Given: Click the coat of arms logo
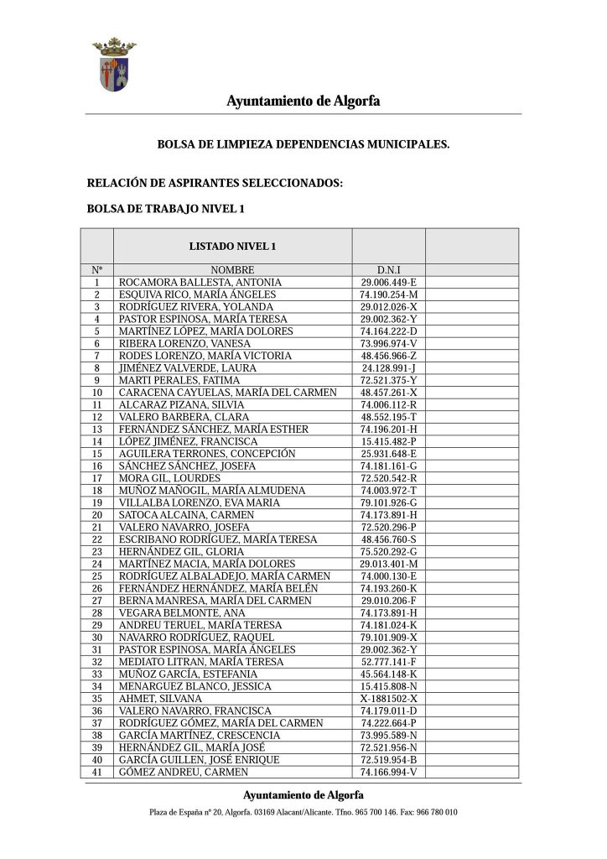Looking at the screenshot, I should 114,65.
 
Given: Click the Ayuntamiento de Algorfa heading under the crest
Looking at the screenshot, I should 303,102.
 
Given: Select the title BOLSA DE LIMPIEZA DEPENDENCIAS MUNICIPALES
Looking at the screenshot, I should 303,144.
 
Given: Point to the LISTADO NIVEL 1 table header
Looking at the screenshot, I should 232,247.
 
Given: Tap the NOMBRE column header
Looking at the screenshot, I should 232,270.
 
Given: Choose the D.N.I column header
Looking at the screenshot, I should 388,270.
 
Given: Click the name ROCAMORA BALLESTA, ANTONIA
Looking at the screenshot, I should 200,283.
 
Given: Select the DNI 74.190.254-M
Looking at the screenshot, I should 388,295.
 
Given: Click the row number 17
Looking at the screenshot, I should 97,478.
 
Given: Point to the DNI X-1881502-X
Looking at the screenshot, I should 388,698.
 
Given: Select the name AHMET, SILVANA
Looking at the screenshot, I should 161,698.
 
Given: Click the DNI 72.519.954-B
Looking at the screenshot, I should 388,759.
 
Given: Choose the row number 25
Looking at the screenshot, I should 97,576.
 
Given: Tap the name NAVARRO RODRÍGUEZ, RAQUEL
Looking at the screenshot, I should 196,638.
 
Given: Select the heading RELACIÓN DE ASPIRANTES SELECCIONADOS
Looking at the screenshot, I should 215,183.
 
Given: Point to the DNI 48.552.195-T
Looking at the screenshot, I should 388,417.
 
